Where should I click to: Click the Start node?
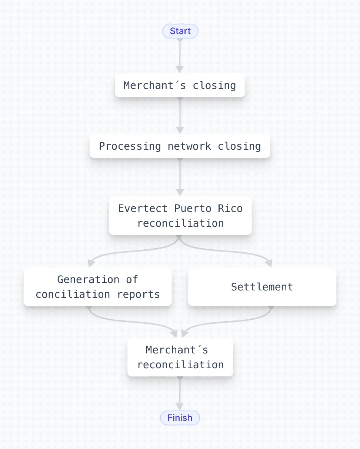[x=180, y=31]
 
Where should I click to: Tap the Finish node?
[x=180, y=418]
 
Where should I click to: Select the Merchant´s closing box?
[x=180, y=85]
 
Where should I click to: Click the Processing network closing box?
[x=180, y=146]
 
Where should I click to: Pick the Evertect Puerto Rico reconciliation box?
[x=180, y=216]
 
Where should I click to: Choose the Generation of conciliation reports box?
[x=97, y=287]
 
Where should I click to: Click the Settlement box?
[x=262, y=287]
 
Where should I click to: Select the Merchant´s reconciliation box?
[x=180, y=357]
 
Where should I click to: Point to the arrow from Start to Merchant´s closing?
[x=180, y=54]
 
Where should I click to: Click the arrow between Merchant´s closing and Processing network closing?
[x=180, y=115]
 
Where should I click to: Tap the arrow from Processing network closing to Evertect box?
[x=180, y=176]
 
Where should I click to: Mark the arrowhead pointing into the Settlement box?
[x=269, y=263]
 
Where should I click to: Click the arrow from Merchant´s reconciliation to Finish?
[x=180, y=393]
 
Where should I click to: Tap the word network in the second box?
[x=189, y=146]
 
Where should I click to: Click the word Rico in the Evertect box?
[x=230, y=208]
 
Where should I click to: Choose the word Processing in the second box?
[x=130, y=146]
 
